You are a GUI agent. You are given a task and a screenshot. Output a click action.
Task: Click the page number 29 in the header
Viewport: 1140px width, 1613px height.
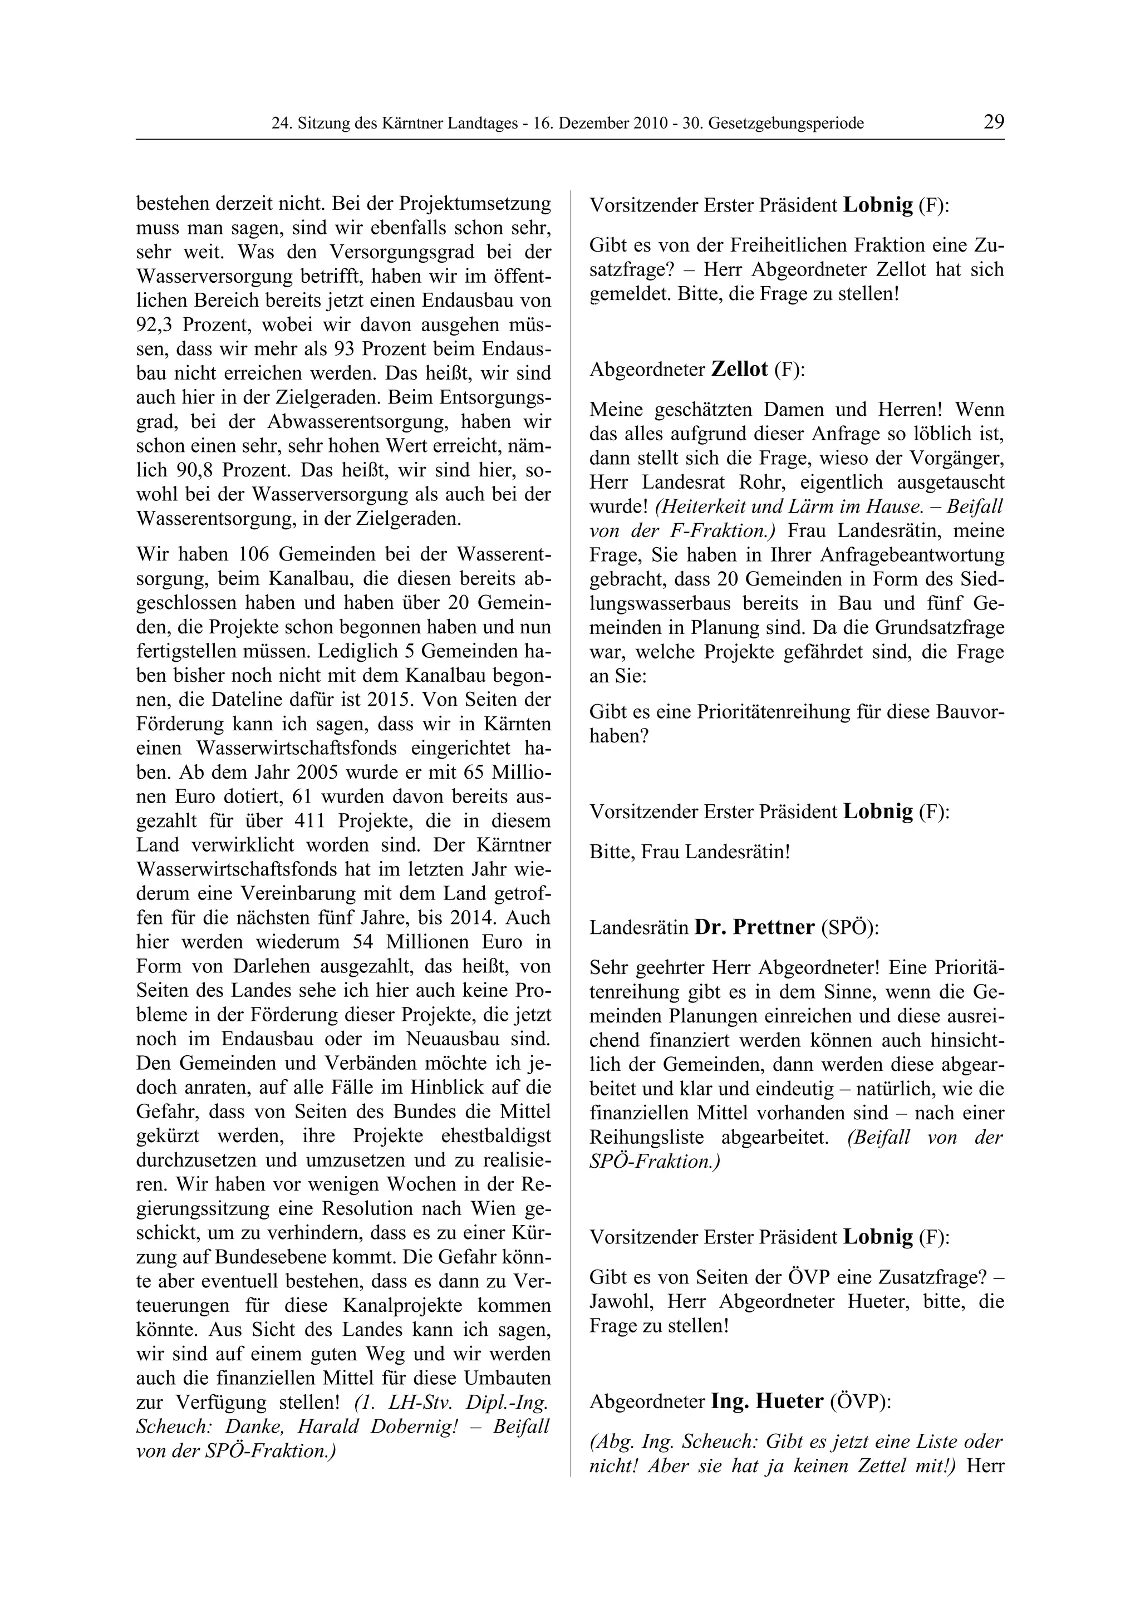(993, 122)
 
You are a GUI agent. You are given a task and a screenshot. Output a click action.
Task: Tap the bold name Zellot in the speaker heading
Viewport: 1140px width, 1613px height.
(739, 370)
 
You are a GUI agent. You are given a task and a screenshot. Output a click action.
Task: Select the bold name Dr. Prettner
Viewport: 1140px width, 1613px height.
(754, 927)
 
